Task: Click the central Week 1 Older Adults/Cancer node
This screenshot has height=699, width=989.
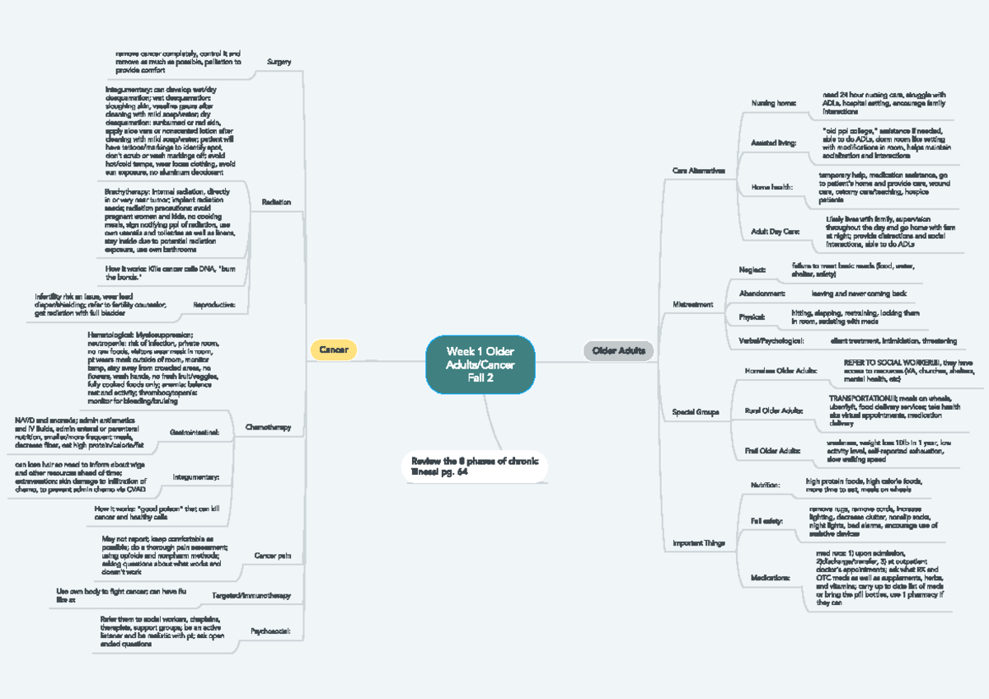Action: pyautogui.click(x=480, y=364)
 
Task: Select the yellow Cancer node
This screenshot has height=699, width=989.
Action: pyautogui.click(x=333, y=350)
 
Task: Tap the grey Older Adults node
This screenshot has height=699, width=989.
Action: pyautogui.click(x=618, y=351)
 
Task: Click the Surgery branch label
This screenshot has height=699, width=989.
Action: pyautogui.click(x=279, y=62)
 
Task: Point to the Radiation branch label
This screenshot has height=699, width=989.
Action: pyautogui.click(x=276, y=202)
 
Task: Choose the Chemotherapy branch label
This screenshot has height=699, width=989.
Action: pyautogui.click(x=269, y=427)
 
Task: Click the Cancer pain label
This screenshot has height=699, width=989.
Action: pyautogui.click(x=273, y=556)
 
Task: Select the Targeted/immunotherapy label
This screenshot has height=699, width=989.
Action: pyautogui.click(x=253, y=595)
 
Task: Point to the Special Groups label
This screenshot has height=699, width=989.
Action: pyautogui.click(x=696, y=411)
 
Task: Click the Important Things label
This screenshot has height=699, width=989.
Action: pyautogui.click(x=699, y=543)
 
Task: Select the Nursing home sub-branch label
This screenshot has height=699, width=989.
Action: pyautogui.click(x=774, y=104)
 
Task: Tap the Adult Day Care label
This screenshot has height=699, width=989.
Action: pyautogui.click(x=775, y=233)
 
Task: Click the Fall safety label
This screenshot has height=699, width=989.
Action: pyautogui.click(x=766, y=521)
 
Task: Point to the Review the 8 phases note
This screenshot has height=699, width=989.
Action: pyautogui.click(x=474, y=467)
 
